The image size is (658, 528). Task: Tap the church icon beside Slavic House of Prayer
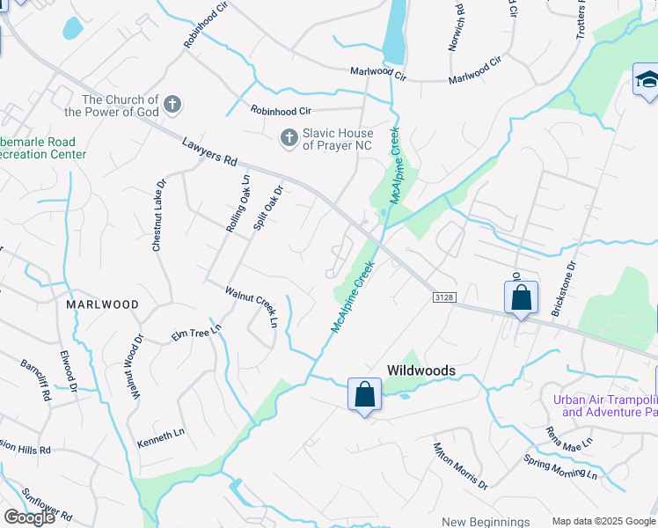click(x=288, y=137)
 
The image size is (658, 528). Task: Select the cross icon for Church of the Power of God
click(x=172, y=106)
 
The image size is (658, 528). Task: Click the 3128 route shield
click(x=444, y=297)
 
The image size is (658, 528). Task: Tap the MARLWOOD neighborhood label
click(x=102, y=304)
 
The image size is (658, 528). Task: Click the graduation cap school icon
click(x=646, y=81)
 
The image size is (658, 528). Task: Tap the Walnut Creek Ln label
click(x=252, y=305)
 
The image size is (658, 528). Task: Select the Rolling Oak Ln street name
click(x=238, y=203)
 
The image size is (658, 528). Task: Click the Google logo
click(x=29, y=517)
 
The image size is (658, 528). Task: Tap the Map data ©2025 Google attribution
click(x=603, y=521)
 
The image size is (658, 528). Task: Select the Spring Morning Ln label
click(x=559, y=466)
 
